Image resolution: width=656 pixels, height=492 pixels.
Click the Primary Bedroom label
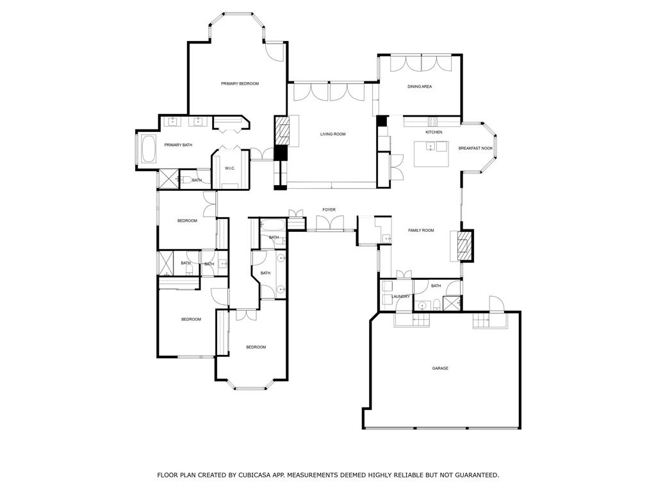(x=240, y=84)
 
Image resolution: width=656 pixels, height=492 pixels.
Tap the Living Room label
(x=333, y=135)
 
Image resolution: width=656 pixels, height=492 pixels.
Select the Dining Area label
(x=420, y=86)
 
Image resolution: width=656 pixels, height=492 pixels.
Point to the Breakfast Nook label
(x=475, y=148)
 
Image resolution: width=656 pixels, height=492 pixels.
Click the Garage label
(x=440, y=368)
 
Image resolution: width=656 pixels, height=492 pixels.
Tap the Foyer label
(x=329, y=209)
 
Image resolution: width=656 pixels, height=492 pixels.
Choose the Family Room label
(x=421, y=230)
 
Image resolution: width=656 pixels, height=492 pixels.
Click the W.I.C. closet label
(x=230, y=168)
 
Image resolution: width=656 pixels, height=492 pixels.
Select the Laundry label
(x=401, y=297)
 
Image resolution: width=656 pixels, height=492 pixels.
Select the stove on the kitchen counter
(x=432, y=122)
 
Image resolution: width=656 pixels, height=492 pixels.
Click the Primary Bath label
(x=178, y=145)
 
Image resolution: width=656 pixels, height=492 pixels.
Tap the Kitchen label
(x=434, y=132)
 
